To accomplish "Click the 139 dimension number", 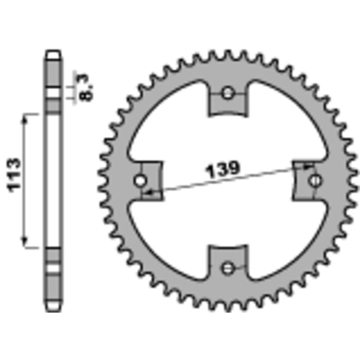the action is [x=223, y=170].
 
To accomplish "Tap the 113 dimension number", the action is [x=14, y=175].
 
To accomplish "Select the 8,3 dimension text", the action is [x=86, y=87].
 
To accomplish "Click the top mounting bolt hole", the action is [x=227, y=93].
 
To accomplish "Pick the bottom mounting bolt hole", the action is [x=227, y=268].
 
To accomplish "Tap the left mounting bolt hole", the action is [x=140, y=181].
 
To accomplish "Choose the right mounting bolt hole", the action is [x=315, y=181].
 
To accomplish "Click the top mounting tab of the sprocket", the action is [x=227, y=99].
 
